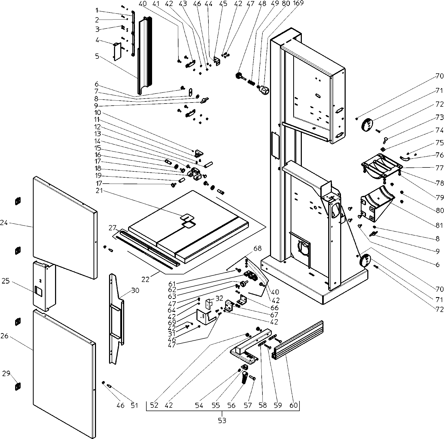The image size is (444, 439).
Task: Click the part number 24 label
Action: pyautogui.click(x=4, y=223)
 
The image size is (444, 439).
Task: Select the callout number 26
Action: pyautogui.click(x=4, y=336)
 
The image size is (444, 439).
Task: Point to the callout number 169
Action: pyautogui.click(x=298, y=4)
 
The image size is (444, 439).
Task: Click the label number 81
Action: pyautogui.click(x=439, y=225)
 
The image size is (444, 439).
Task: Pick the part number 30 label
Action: pyautogui.click(x=135, y=291)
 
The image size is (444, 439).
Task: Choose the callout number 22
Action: pyautogui.click(x=145, y=279)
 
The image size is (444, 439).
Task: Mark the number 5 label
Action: pyautogui.click(x=97, y=56)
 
